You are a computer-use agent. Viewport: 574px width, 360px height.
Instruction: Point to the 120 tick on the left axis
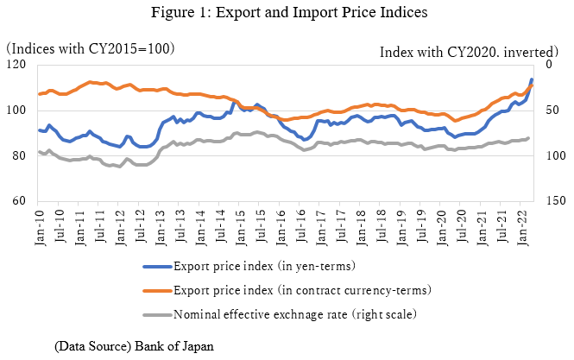pos(16,65)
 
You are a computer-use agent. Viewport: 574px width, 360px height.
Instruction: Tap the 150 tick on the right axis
pos(556,201)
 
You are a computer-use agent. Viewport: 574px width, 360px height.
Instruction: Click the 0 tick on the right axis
pos(550,65)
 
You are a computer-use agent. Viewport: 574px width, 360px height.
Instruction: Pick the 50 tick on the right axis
pos(552,111)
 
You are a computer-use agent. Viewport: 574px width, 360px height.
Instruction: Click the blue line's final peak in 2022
pos(532,79)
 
